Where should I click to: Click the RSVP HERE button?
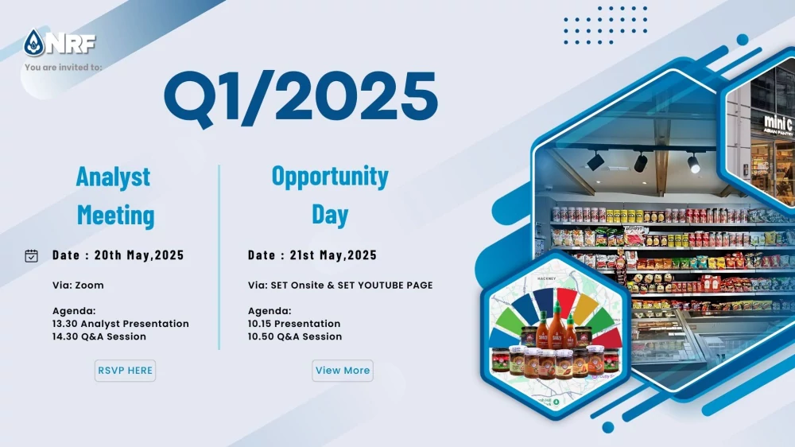coord(125,371)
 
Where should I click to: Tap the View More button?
coord(342,371)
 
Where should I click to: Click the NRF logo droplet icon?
coord(34,43)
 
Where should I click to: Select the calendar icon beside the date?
coord(32,256)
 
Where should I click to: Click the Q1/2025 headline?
coord(301,97)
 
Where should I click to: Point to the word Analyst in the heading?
coord(113,177)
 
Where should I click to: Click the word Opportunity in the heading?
coord(330,177)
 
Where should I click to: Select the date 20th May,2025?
coord(139,255)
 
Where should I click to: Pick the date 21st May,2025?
coord(333,255)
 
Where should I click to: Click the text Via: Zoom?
coord(78,286)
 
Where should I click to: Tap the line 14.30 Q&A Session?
coord(99,336)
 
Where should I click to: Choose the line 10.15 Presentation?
coord(294,324)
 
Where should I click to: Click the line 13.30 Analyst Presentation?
coord(121,324)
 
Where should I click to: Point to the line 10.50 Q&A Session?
coord(295,336)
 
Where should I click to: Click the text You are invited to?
coord(64,67)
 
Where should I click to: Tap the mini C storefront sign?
coord(779,124)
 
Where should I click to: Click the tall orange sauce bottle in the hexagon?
coord(556,325)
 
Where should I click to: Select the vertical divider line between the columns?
coord(219,257)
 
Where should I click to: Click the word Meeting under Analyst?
coord(115,215)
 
